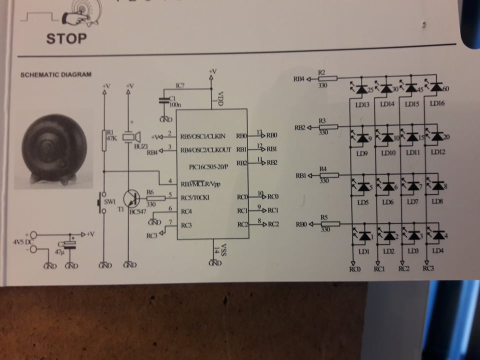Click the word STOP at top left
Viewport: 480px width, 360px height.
(x=66, y=38)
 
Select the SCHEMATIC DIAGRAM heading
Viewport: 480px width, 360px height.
(x=55, y=75)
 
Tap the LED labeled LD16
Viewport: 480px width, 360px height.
(x=436, y=88)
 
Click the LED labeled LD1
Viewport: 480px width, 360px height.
(x=364, y=235)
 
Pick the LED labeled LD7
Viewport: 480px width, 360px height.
(x=413, y=186)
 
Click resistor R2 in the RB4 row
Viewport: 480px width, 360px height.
(x=328, y=78)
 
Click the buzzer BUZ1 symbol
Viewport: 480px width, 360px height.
(x=131, y=136)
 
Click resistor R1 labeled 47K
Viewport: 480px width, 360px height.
(x=104, y=140)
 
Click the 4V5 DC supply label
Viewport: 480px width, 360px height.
(x=22, y=242)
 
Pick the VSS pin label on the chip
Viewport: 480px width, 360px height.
(x=223, y=248)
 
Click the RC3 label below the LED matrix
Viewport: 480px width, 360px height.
(x=428, y=269)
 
